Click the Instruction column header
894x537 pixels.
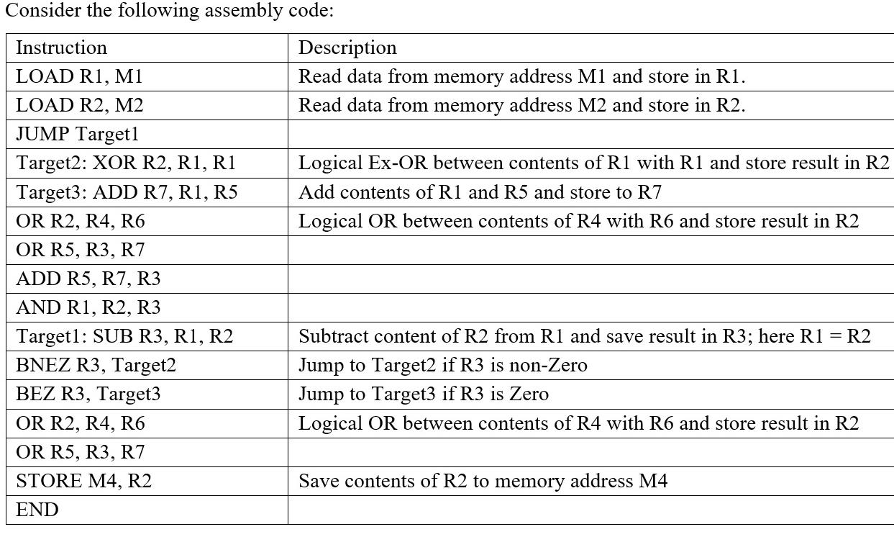pyautogui.click(x=61, y=48)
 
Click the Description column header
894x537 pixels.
pyautogui.click(x=347, y=48)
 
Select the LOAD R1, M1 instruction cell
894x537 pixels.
pyautogui.click(x=84, y=76)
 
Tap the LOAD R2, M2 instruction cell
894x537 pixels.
pyautogui.click(x=80, y=105)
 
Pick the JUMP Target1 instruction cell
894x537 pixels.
pyautogui.click(x=77, y=134)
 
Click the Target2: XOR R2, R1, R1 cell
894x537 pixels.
pyautogui.click(x=126, y=163)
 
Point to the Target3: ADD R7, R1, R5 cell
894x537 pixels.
pyautogui.click(x=127, y=192)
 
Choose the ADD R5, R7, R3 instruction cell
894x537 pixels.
pyautogui.click(x=88, y=279)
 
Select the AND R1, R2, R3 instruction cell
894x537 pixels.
pyautogui.click(x=88, y=307)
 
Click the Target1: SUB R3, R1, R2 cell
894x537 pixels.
pyautogui.click(x=124, y=336)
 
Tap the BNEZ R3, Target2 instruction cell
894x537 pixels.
pyautogui.click(x=96, y=365)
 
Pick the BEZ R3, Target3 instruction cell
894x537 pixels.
pyautogui.click(x=88, y=394)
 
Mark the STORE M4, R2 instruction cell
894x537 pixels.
pyautogui.click(x=84, y=481)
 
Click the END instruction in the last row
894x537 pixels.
pyautogui.click(x=37, y=510)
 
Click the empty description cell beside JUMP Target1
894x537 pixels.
pyautogui.click(x=590, y=134)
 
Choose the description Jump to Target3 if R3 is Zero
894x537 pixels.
pyautogui.click(x=423, y=394)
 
